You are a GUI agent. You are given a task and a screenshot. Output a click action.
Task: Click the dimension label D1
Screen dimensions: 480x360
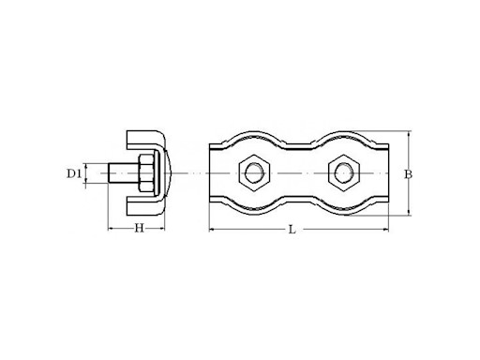coord(74,173)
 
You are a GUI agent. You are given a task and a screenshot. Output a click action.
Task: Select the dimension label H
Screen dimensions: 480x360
coord(140,229)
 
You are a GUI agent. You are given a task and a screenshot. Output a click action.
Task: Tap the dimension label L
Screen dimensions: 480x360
coord(292,230)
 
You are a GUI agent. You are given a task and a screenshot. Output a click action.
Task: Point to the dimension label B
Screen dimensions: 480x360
coord(408,174)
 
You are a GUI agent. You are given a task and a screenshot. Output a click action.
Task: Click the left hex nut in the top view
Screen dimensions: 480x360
coord(252,173)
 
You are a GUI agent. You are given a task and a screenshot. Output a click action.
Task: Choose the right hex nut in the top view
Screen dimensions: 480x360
coord(343,173)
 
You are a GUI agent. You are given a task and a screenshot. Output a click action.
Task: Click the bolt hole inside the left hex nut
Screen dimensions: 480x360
coord(252,173)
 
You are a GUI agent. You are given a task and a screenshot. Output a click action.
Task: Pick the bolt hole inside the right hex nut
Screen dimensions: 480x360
coord(343,173)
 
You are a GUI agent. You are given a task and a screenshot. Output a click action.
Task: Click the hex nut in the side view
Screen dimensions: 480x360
coord(146,173)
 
